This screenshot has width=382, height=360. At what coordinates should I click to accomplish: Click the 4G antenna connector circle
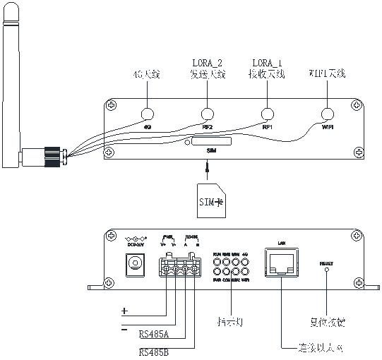(x=148, y=115)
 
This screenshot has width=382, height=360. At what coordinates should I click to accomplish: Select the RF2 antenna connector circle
(x=207, y=115)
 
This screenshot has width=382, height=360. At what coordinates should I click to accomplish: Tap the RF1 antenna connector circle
(x=267, y=115)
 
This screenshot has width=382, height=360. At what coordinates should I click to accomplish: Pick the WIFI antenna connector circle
(x=327, y=115)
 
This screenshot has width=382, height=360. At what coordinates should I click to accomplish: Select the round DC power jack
(x=132, y=265)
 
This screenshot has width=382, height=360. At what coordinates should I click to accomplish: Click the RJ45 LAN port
(x=280, y=263)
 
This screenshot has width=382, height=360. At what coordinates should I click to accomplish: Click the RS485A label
(x=154, y=334)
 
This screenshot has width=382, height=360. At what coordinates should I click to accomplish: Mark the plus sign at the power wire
(x=124, y=311)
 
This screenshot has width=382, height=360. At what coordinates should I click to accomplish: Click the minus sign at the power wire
(x=124, y=328)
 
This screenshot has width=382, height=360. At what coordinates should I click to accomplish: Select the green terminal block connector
(x=180, y=268)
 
